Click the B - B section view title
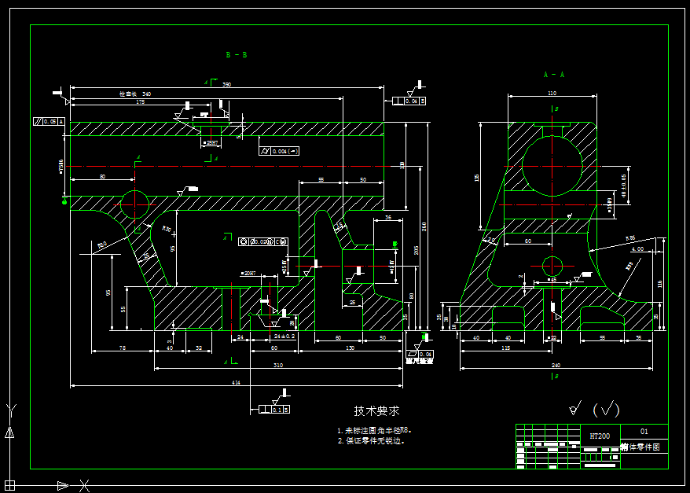(237, 55)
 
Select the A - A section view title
(554, 75)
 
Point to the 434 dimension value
(235, 383)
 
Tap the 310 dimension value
(278, 366)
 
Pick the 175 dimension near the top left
(141, 102)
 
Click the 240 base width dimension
(556, 366)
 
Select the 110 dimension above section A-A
(552, 94)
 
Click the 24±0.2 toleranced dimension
(284, 337)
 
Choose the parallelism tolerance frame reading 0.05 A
(49, 122)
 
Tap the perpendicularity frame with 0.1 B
(270, 410)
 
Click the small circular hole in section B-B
(134, 203)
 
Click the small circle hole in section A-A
(552, 265)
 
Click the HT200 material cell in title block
(600, 436)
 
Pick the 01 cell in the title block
(644, 432)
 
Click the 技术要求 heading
(377, 410)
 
